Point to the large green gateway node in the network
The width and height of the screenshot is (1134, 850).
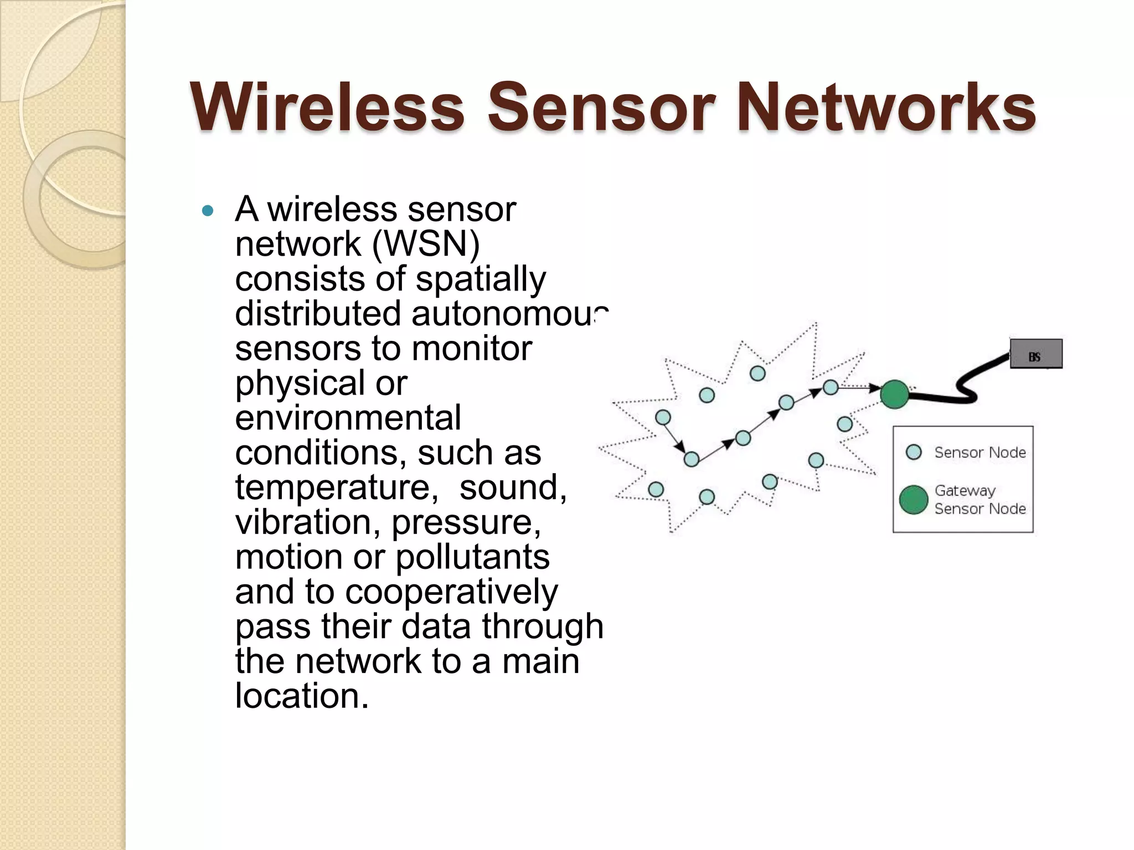(x=894, y=395)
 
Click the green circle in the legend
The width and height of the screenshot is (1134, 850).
(x=913, y=500)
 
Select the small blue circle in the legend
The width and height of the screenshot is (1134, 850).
(x=914, y=452)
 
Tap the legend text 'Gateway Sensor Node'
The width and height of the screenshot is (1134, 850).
(x=980, y=499)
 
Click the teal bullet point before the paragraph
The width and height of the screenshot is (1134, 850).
(x=208, y=211)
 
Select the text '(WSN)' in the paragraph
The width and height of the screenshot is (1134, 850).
(x=426, y=244)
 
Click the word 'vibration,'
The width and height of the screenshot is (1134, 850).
(x=308, y=522)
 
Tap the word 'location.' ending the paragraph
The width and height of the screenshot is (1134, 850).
(x=302, y=696)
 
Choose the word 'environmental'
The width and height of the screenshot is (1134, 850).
(x=348, y=418)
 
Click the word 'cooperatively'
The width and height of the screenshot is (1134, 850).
(x=451, y=592)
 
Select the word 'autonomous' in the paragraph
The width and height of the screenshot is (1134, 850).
(x=509, y=314)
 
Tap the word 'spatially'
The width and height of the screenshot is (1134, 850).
(x=481, y=279)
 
